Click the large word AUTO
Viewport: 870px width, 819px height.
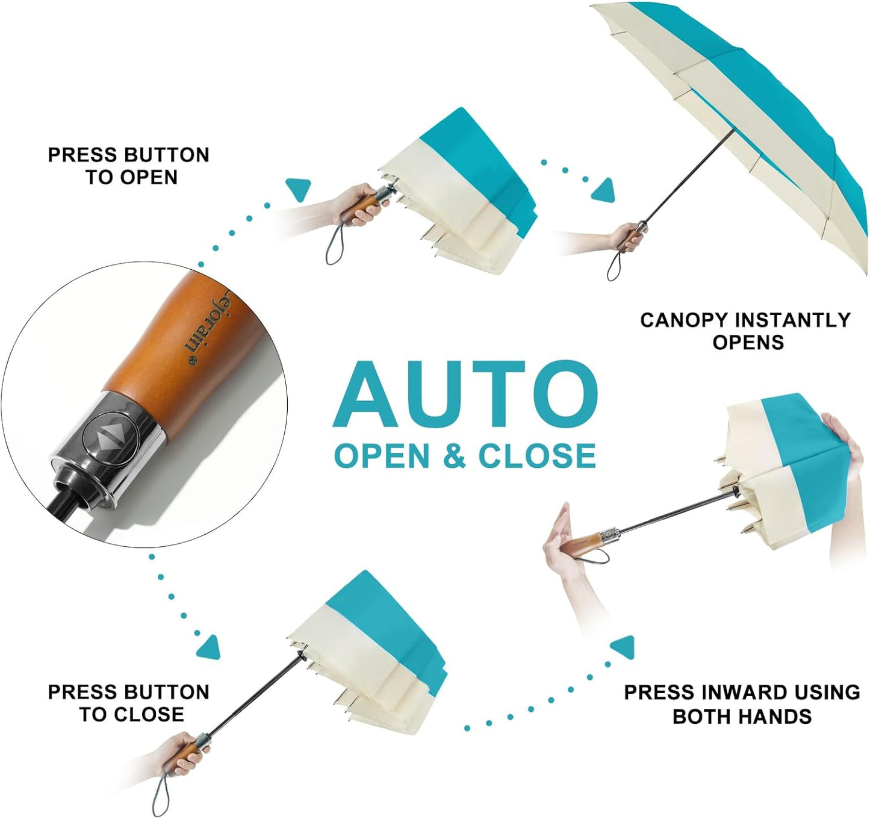(465, 394)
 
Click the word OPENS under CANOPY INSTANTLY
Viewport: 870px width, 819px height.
(748, 343)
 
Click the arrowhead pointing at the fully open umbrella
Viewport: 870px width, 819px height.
(604, 190)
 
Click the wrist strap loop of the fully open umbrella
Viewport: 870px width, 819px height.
(614, 266)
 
